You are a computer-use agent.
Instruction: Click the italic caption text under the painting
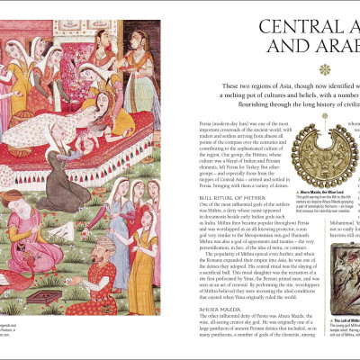(x=7, y=306)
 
